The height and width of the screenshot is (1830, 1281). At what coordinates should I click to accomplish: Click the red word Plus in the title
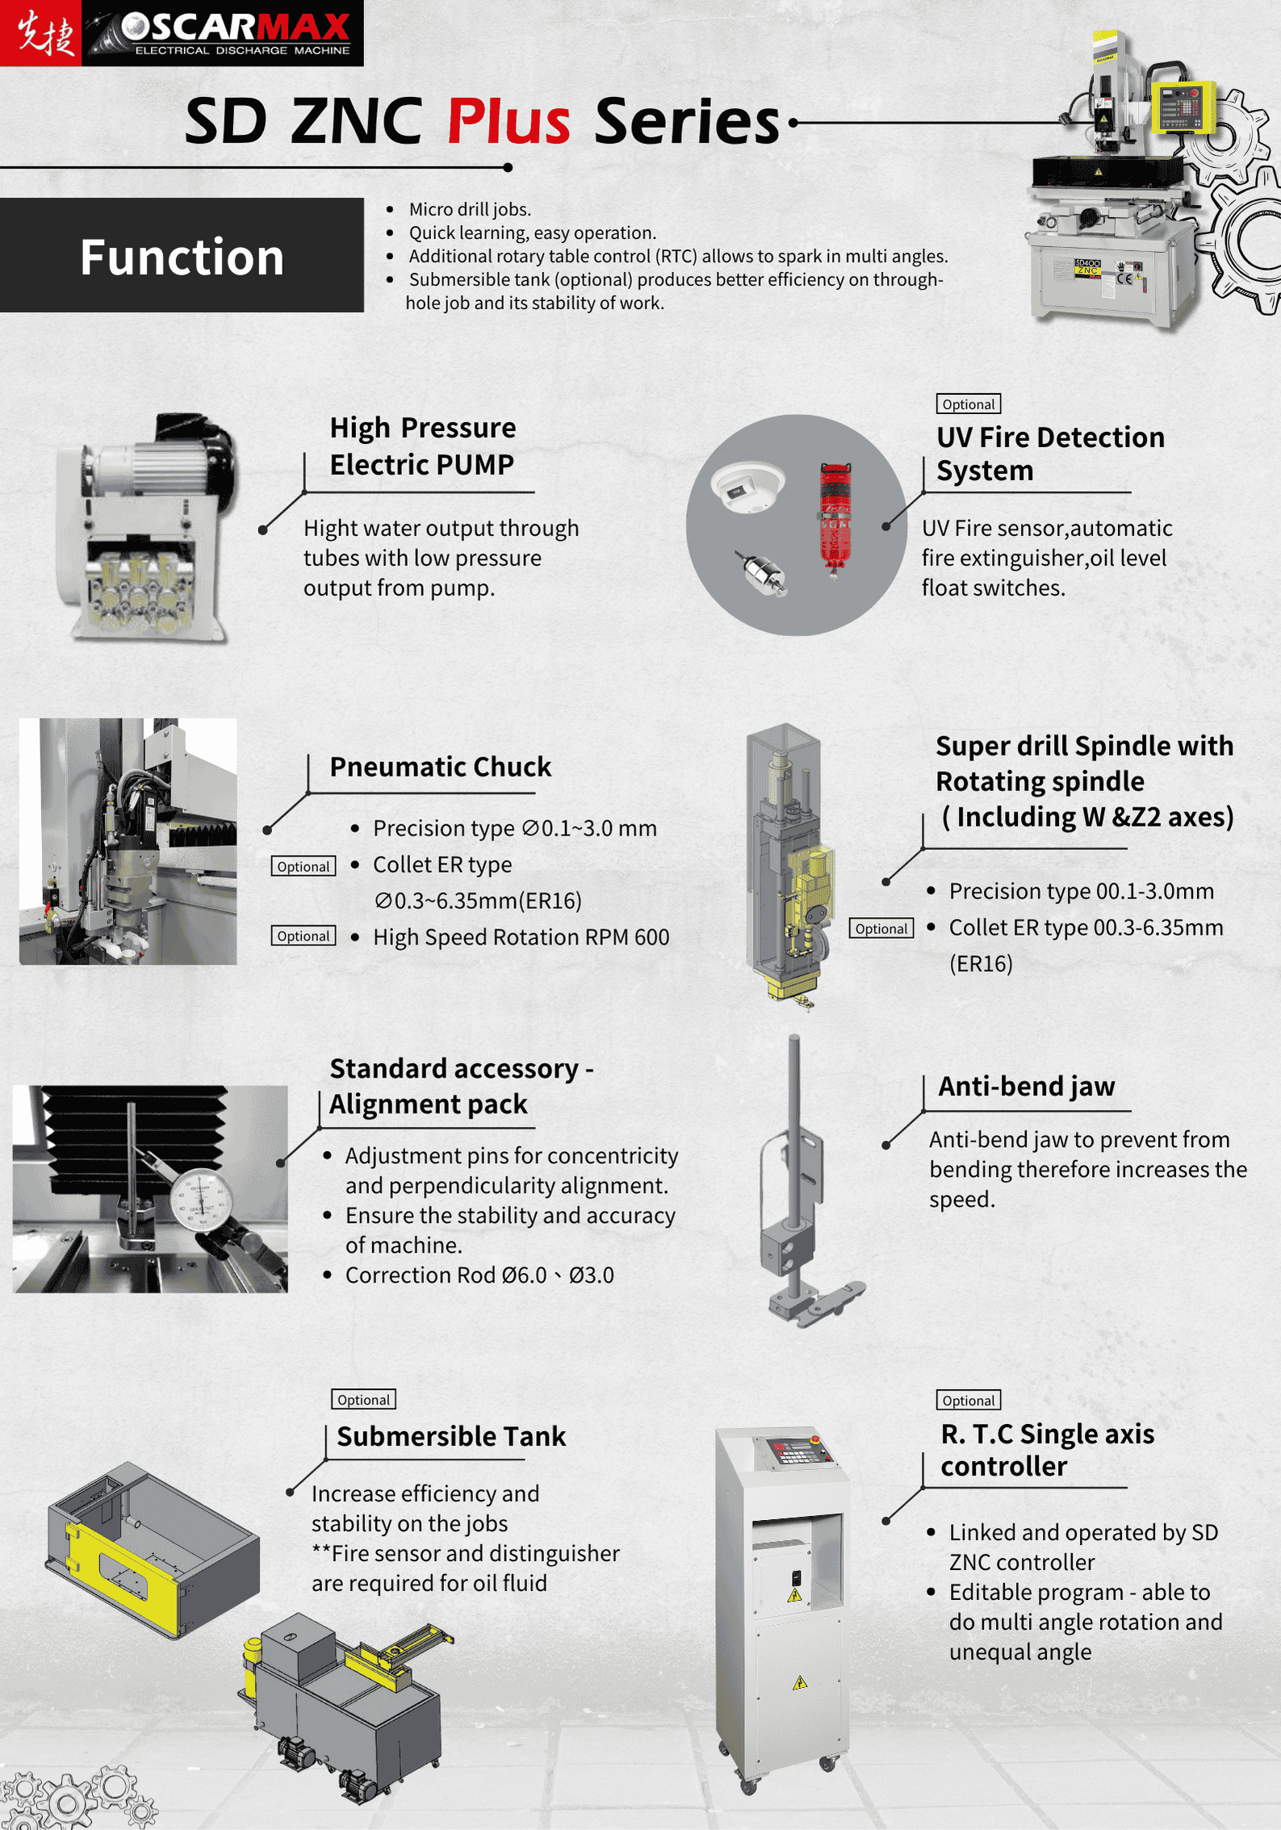pyautogui.click(x=509, y=121)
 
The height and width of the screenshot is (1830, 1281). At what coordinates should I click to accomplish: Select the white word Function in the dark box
pyautogui.click(x=182, y=257)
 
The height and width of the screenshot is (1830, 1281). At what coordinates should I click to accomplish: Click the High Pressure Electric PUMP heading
pyautogui.click(x=422, y=446)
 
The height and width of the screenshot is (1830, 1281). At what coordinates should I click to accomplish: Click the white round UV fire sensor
pyautogui.click(x=747, y=487)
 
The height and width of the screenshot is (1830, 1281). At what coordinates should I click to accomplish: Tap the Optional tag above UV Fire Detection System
pyautogui.click(x=968, y=404)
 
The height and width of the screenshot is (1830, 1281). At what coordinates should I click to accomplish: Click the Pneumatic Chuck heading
pyautogui.click(x=440, y=766)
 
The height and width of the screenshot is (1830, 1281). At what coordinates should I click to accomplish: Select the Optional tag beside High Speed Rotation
pyautogui.click(x=304, y=936)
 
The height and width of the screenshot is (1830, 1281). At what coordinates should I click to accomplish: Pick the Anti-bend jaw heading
pyautogui.click(x=1026, y=1086)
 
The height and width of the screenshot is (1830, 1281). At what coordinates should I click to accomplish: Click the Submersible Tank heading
pyautogui.click(x=451, y=1436)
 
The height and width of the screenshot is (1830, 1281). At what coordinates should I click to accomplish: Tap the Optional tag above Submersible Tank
pyautogui.click(x=363, y=1399)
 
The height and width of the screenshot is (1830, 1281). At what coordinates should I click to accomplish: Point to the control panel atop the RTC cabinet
pyautogui.click(x=795, y=1450)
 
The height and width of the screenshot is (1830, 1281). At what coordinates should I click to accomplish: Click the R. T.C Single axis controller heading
pyautogui.click(x=1047, y=1449)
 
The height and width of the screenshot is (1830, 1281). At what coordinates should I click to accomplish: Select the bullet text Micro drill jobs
pyautogui.click(x=469, y=209)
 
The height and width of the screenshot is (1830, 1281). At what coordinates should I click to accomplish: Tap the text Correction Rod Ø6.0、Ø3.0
pyautogui.click(x=479, y=1275)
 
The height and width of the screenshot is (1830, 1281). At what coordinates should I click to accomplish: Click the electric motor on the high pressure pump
pyautogui.click(x=165, y=464)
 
